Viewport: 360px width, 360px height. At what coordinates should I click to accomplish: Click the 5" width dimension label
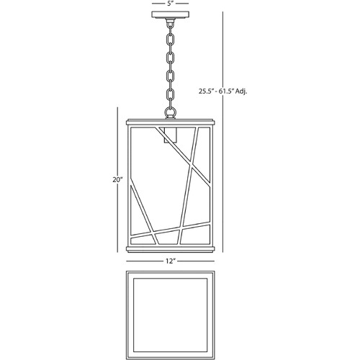(x=170, y=4)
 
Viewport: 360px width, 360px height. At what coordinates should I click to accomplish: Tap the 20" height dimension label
(x=117, y=180)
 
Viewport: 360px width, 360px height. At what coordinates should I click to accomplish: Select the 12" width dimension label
(x=171, y=261)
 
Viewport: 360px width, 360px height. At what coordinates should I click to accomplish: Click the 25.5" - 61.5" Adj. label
(x=222, y=91)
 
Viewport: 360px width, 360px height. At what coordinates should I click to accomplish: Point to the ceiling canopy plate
(x=170, y=15)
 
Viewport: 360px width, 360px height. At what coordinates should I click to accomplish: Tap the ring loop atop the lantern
(x=170, y=112)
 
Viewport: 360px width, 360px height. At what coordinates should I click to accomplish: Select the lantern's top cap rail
(x=170, y=122)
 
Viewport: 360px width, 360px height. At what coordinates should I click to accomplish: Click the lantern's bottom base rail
(x=170, y=248)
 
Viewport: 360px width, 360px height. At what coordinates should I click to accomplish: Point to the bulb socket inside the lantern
(x=170, y=135)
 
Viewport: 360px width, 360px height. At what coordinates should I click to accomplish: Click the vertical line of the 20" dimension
(x=117, y=180)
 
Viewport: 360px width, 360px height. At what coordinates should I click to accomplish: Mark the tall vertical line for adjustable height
(x=223, y=132)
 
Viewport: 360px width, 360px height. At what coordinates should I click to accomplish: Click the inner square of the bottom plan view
(x=170, y=315)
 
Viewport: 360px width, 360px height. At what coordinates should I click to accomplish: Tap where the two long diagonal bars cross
(x=192, y=166)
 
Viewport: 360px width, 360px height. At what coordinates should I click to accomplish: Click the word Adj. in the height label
(x=241, y=91)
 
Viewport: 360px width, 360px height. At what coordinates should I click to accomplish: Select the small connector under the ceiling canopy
(x=170, y=22)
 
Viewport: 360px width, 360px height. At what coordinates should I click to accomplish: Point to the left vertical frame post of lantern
(x=130, y=185)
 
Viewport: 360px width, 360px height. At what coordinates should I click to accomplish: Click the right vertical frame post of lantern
(x=211, y=185)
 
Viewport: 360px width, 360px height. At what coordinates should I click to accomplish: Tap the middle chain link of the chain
(x=170, y=67)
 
